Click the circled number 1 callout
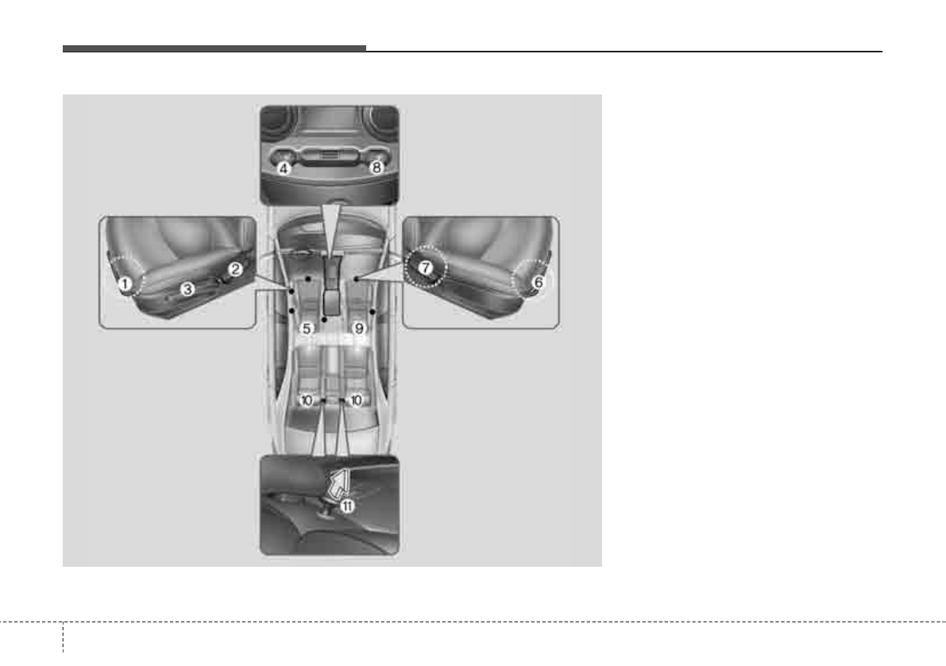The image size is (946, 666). click(125, 283)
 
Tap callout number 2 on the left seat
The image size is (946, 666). click(235, 269)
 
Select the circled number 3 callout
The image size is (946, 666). click(187, 289)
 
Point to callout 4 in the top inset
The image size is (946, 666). click(284, 168)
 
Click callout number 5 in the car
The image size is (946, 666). click(307, 329)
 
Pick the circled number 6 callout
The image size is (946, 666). click(539, 282)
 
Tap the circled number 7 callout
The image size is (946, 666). click(425, 268)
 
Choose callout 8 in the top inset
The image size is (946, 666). click(376, 167)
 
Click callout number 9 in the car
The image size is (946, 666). click(360, 329)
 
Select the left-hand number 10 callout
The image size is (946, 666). click(307, 400)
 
